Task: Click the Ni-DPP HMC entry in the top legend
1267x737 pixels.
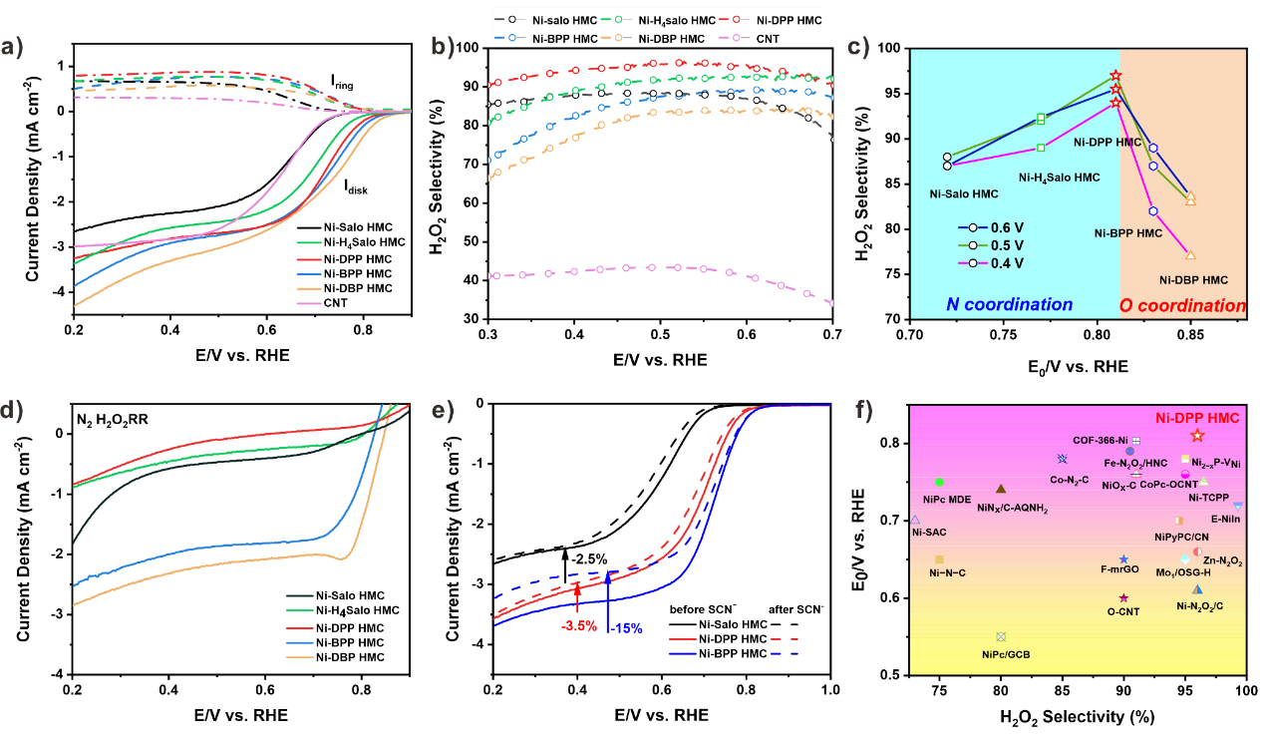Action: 789,20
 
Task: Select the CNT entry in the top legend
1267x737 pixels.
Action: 768,39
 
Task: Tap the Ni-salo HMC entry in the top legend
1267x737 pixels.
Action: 564,20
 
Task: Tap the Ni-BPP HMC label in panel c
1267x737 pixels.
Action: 1128,233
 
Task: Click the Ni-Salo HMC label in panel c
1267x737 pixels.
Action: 964,193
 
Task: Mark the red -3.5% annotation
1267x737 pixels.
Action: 579,626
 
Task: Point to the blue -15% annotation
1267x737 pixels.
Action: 627,628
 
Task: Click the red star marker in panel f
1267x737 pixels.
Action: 1197,436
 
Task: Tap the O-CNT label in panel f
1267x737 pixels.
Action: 1123,611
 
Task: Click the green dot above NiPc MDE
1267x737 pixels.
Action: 939,482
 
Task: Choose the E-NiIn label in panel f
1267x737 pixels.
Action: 1226,519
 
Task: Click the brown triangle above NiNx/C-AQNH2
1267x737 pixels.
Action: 1001,489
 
